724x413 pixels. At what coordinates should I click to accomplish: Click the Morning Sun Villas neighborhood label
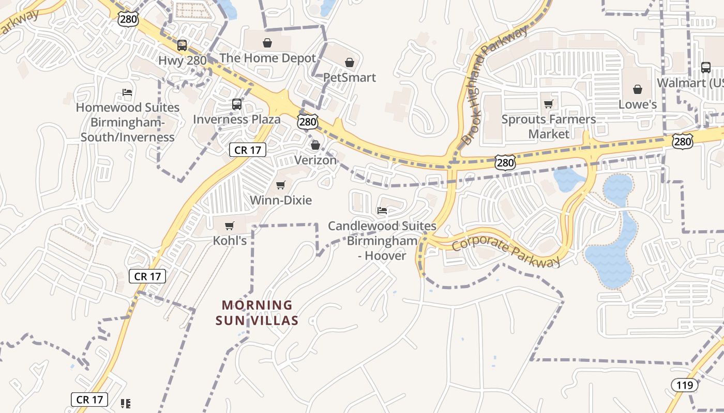tap(257, 313)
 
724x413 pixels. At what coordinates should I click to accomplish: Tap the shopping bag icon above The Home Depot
tap(267, 42)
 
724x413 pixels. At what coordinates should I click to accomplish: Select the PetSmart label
tap(350, 77)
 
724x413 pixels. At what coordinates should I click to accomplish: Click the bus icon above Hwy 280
tap(182, 45)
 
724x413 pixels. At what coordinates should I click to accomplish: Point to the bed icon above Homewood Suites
tap(127, 93)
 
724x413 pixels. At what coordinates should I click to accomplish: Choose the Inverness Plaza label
tap(237, 119)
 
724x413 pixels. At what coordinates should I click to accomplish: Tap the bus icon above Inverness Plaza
tap(236, 105)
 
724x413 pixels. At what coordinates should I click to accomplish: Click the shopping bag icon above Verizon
tap(315, 145)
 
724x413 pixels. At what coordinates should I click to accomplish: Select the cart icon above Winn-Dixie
tap(281, 185)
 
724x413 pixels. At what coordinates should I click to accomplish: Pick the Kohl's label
tap(230, 241)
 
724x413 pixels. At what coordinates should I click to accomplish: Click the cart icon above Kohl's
tap(230, 226)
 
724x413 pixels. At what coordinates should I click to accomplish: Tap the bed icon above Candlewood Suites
tap(382, 211)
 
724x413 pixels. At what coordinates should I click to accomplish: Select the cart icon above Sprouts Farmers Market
tap(549, 104)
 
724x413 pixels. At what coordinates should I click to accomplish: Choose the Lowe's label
tap(638, 104)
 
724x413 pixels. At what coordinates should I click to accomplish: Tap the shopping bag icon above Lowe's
tap(638, 89)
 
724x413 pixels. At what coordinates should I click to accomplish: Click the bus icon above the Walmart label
tap(706, 67)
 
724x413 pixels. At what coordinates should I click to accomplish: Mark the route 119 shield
tap(685, 385)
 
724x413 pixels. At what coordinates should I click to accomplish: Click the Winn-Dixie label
tap(281, 200)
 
